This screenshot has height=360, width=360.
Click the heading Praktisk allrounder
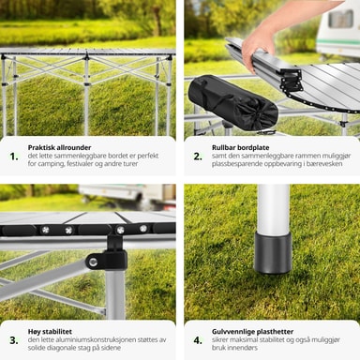coord(59,147)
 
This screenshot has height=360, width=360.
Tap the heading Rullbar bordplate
coord(240,147)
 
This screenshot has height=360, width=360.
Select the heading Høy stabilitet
coord(50,332)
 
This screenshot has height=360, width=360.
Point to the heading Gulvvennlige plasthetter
coord(252,332)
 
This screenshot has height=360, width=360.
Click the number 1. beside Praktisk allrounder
coord(14,157)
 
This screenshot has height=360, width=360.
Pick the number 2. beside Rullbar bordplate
coord(198,157)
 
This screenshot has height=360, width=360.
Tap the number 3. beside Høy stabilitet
coord(14,340)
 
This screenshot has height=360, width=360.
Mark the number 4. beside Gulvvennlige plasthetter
coord(198,340)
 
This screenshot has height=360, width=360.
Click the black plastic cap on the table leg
coord(273,252)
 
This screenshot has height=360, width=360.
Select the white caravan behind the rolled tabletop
coord(337,30)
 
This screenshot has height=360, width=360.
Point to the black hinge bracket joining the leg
coord(110,256)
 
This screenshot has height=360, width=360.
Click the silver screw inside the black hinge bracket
coord(93,262)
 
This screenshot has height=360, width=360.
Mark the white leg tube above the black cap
coord(273,209)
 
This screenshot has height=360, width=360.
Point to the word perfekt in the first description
coord(148,156)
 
